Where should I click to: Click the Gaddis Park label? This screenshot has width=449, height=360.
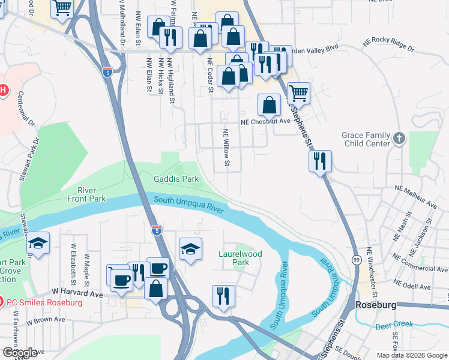(x=176, y=179)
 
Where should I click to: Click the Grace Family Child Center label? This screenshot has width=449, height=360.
(x=366, y=140)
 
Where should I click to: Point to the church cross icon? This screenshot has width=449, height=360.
(x=400, y=140)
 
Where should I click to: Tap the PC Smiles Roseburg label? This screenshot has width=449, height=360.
(x=45, y=302)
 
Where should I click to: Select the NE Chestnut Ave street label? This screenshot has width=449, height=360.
(x=265, y=121)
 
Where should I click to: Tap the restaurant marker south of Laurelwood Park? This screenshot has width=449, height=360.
(x=223, y=296)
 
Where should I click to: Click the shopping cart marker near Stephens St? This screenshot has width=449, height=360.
(x=298, y=93)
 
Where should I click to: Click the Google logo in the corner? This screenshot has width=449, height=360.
(x=20, y=353)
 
